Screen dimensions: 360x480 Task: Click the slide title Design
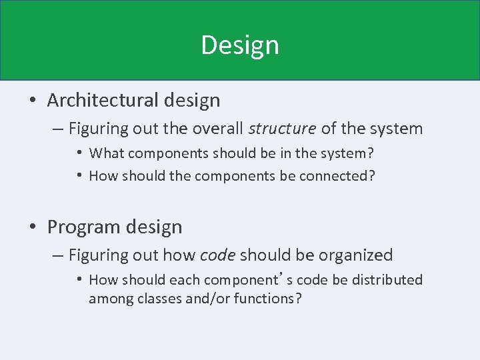(x=240, y=45)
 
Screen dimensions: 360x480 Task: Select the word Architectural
(x=101, y=101)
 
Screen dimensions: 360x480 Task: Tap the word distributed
(x=387, y=280)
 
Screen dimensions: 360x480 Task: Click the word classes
(x=161, y=298)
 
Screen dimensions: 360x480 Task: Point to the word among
(x=111, y=298)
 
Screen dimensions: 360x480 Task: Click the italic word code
(x=217, y=255)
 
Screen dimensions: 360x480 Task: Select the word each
(x=185, y=280)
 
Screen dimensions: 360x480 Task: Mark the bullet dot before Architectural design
(x=33, y=101)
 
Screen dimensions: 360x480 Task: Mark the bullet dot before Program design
(x=33, y=227)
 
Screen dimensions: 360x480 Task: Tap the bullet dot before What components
(x=79, y=153)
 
